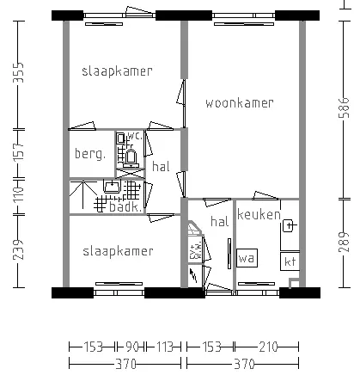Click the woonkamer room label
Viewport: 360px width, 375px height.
240,103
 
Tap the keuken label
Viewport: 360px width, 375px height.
259,214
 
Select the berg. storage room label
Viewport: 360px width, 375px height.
90,154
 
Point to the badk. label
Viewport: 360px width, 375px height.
125,207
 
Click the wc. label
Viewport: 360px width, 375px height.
135,136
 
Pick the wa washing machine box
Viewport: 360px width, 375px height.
247,258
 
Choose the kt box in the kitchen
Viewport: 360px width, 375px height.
290,261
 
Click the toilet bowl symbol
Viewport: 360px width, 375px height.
131,158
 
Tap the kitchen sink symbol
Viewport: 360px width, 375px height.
290,225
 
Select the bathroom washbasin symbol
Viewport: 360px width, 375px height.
113,187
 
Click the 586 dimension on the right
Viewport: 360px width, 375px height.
344,108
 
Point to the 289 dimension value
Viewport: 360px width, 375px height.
344,242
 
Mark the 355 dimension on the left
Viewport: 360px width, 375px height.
18,73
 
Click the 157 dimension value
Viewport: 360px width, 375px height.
18,151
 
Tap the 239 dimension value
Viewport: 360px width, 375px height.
18,249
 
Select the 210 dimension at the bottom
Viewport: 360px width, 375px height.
268,347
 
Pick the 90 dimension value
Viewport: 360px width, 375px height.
132,347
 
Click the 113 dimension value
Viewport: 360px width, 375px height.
164,347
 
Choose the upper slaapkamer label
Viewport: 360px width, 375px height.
117,71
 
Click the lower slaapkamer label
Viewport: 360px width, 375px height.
118,251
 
